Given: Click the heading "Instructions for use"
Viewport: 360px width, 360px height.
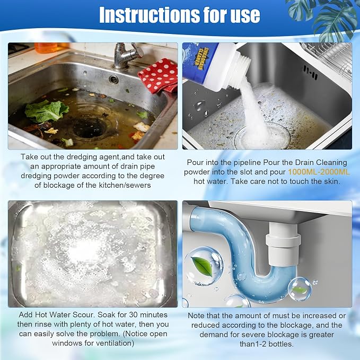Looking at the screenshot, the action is [x=180, y=15].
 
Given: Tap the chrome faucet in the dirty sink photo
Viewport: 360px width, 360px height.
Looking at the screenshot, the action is [x=126, y=56].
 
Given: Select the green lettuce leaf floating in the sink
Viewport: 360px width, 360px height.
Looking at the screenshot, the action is [x=46, y=111].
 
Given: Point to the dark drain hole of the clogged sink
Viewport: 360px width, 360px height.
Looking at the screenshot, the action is [x=89, y=128].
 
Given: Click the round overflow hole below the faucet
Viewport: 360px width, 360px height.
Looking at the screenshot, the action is [x=114, y=80].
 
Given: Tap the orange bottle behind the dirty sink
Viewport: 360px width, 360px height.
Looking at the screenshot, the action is [x=49, y=48].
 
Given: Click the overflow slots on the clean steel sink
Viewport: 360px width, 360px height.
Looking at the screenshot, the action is [x=310, y=72].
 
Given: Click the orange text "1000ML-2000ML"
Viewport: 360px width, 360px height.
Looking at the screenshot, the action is [x=319, y=172].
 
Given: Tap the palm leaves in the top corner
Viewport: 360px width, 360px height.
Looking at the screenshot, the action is [x=326, y=19].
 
